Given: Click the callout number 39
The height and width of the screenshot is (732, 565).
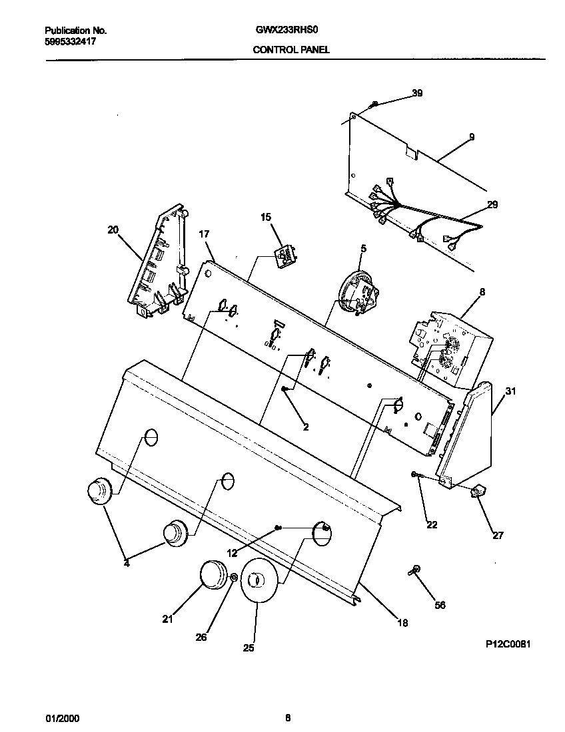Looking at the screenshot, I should click(417, 93).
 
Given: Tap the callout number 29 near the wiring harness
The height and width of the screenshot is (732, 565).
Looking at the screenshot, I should click(492, 204).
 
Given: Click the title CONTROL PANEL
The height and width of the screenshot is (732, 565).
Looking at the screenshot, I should click(291, 49).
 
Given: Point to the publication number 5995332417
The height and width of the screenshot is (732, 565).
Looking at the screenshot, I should click(71, 41).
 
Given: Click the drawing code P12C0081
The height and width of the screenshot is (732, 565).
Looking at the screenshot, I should click(508, 645).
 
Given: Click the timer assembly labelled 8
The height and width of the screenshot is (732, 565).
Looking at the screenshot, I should click(448, 345).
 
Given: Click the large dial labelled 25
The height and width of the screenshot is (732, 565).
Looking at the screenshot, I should click(258, 581).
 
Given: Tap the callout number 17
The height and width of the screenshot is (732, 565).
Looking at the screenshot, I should click(204, 234).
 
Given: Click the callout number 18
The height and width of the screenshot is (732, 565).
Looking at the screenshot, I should click(402, 623).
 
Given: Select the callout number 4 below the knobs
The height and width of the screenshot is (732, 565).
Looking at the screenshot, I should click(127, 564).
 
